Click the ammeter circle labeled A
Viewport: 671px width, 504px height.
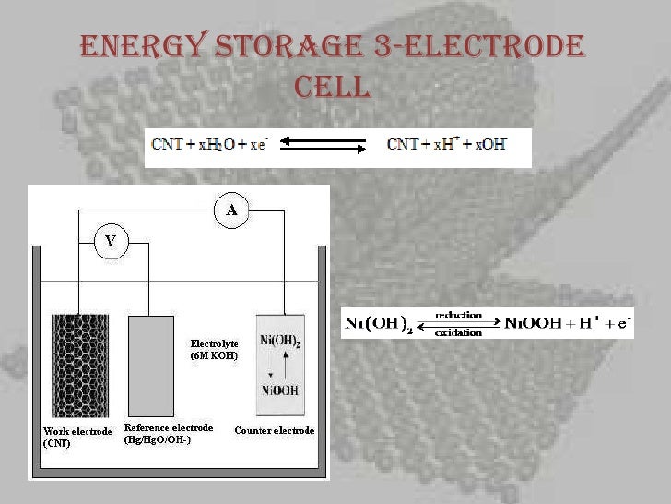(x=231, y=210)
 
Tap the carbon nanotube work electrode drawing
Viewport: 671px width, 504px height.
(x=79, y=365)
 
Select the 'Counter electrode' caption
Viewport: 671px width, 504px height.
(x=275, y=430)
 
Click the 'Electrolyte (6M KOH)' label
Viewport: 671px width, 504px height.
(x=214, y=349)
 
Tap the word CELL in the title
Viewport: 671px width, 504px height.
(x=333, y=87)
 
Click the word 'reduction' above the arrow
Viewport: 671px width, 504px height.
(x=458, y=315)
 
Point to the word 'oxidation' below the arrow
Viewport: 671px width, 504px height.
(x=458, y=332)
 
